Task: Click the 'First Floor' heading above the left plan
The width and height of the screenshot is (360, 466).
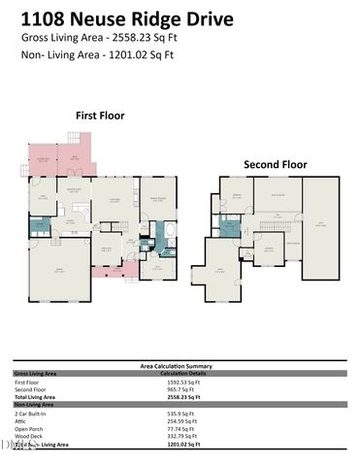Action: tap(101, 115)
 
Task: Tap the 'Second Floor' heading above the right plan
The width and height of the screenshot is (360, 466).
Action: tap(276, 164)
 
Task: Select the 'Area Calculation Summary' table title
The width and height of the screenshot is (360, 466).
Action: tap(180, 366)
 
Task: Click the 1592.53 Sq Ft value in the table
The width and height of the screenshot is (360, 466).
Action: tap(184, 383)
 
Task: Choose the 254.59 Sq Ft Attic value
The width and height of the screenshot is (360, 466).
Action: tap(182, 421)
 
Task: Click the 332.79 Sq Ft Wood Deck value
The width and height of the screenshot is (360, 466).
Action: tap(182, 436)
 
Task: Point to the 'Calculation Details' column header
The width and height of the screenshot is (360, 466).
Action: tap(184, 373)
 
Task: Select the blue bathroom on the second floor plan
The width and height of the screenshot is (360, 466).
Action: tap(230, 228)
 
